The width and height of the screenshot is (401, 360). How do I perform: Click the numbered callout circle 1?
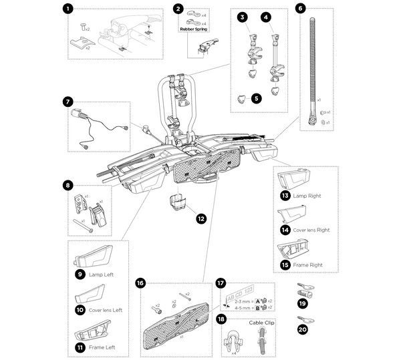point(67,9)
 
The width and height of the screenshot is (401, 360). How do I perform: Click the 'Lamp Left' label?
point(100,275)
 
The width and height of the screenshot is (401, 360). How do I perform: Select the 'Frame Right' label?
point(308,264)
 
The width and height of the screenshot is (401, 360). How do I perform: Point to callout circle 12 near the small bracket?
point(201,218)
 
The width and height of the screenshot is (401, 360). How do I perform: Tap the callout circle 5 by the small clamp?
point(255,98)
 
